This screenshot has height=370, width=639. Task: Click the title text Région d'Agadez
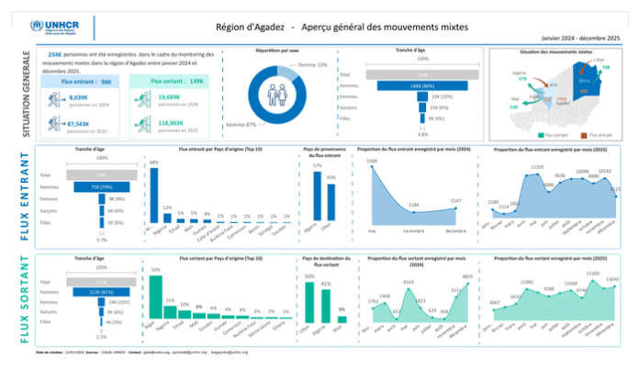coord(251,28)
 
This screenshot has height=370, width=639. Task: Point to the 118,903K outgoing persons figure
coord(172,122)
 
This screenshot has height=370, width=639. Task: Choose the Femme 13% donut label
coord(313,65)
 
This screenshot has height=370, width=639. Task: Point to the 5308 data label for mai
coord(372,162)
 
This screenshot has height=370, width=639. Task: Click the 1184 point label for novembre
coord(414,204)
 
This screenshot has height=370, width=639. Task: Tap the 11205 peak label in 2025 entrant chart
coord(539,167)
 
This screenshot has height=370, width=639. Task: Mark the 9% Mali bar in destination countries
coord(342,318)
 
